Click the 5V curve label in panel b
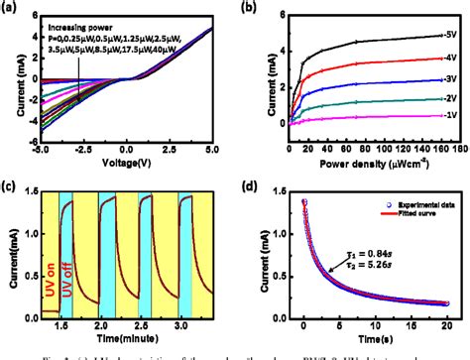451,35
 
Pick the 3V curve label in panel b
451,78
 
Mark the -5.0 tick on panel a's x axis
41,151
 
